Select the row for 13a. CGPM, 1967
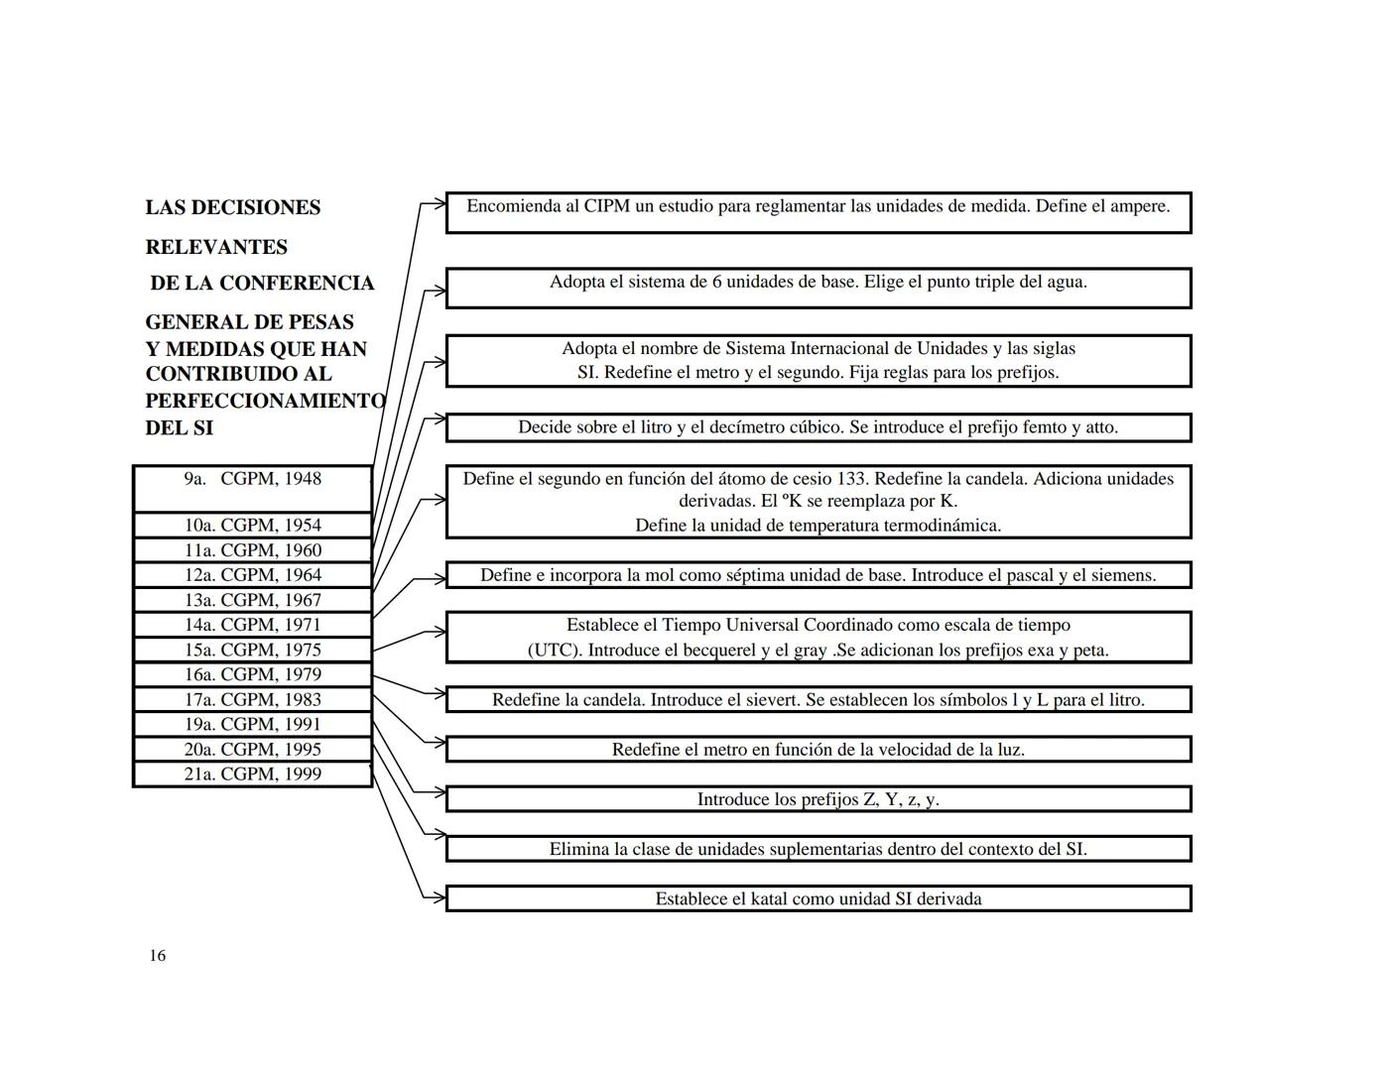coord(252,600)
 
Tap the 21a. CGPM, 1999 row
coord(252,774)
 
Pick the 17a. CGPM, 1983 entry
coord(252,699)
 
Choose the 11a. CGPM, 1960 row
coord(252,550)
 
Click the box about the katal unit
coord(818,898)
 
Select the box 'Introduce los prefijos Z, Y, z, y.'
coord(818,799)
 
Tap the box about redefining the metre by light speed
coord(818,750)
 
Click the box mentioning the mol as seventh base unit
coord(818,575)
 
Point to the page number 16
coord(158,956)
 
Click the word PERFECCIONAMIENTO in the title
coord(265,401)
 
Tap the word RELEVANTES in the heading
coord(216,247)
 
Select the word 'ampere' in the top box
coord(1137,206)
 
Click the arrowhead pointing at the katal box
coord(439,898)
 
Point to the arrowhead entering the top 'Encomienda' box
coord(439,205)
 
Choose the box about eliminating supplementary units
coord(818,849)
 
